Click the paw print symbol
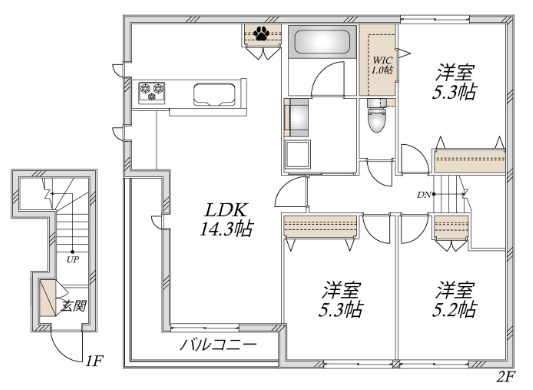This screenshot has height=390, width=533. coord(262,33)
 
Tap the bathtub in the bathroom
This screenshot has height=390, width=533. coord(322,41)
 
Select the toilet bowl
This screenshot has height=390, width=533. coord(377,117)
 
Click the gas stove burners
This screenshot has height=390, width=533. coord(152,92)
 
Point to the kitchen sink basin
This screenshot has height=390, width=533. coord(214,94)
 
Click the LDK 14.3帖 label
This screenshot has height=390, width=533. coord(226,219)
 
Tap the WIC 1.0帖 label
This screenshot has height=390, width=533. coord(382,65)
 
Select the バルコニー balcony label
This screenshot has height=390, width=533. coord(218,345)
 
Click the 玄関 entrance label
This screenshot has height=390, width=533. coord(74,306)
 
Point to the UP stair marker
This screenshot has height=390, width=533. coord(72,260)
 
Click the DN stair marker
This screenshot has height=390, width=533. coord(424,195)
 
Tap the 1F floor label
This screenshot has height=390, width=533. coord(94,361)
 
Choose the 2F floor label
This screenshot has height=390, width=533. coord(506,376)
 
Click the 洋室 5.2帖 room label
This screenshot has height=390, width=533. coord(454,300)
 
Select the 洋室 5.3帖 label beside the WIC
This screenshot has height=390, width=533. coord(454,82)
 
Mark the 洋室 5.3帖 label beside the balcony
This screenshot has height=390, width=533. coord(341,300)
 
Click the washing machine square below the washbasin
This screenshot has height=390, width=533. coord(297,154)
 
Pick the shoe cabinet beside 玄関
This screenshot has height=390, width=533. coord(48,298)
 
